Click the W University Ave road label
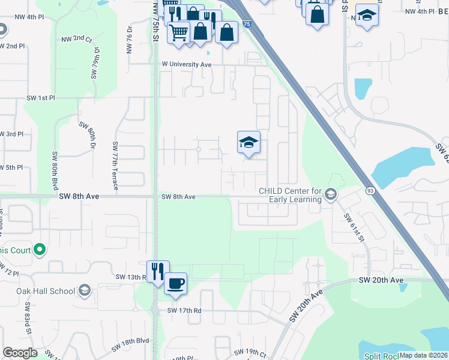[187, 64]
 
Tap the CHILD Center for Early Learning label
[289, 195]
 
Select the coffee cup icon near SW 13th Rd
[175, 283]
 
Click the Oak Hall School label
[46, 291]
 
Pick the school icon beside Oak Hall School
[85, 291]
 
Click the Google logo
[20, 353]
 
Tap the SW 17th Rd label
[184, 310]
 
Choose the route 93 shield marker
[370, 190]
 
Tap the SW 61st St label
[354, 227]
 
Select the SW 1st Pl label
[40, 98]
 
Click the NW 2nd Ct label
[76, 40]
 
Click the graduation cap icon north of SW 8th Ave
[249, 142]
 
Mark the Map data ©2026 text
[423, 355]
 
